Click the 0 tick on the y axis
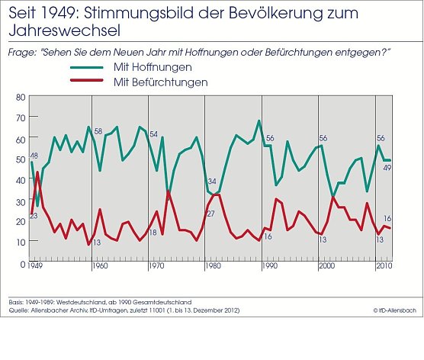pyautogui.click(x=23, y=262)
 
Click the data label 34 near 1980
pyautogui.click(x=213, y=182)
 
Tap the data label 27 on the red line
pyautogui.click(x=210, y=214)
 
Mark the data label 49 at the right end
pyautogui.click(x=387, y=167)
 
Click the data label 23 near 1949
pyautogui.click(x=34, y=217)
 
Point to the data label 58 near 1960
pyautogui.click(x=98, y=132)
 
